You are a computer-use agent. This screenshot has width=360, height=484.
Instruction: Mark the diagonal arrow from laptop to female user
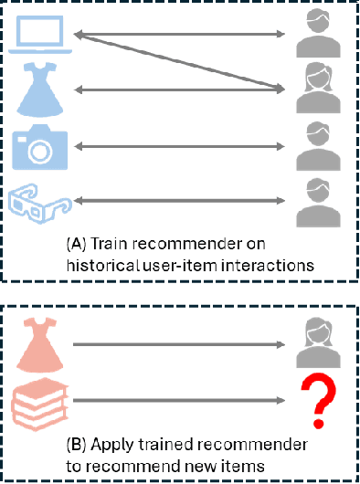pos(178,62)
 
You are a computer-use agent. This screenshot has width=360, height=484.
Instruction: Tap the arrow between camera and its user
pos(178,144)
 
